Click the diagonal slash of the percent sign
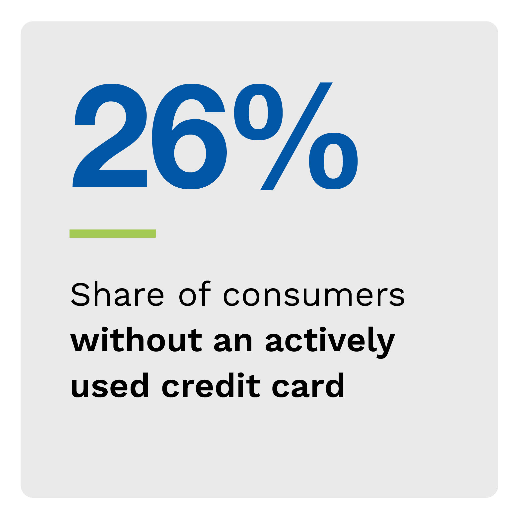tap(296, 137)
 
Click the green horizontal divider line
tap(113, 233)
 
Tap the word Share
tap(117, 294)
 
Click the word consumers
tap(314, 297)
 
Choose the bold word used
tap(110, 385)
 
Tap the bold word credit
tap(211, 385)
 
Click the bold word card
tap(308, 385)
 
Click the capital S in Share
tap(80, 294)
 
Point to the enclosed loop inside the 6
tap(190, 153)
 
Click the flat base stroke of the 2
tap(110, 179)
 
